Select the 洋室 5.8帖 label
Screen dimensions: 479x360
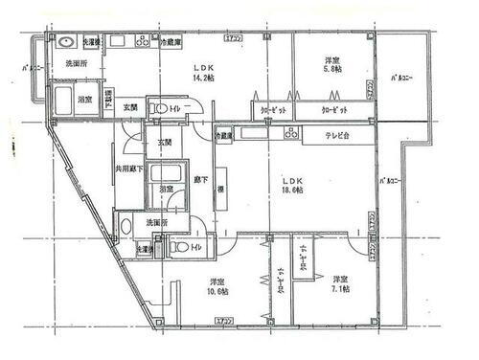[x=332, y=65]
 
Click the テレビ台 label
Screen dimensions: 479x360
[x=325, y=136]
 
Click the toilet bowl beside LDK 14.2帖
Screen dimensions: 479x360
[x=162, y=106]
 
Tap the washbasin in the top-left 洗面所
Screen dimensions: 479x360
[x=67, y=44]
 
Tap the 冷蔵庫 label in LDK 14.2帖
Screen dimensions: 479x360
[x=172, y=43]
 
